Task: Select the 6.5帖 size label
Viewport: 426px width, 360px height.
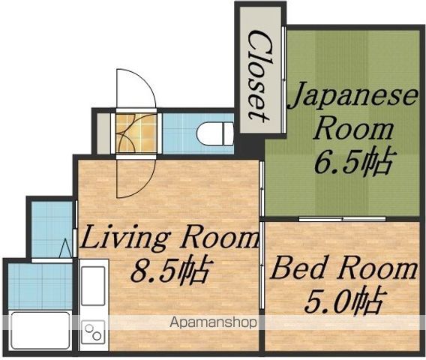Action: point(353,161)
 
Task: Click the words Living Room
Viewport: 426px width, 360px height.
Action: point(169,238)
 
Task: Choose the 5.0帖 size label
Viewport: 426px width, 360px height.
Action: point(343,300)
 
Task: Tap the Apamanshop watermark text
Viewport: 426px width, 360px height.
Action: point(213,322)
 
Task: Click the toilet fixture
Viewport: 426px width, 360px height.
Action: point(215,134)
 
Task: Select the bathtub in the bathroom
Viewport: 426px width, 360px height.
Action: point(40,331)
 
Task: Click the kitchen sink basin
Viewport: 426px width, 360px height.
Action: point(93,286)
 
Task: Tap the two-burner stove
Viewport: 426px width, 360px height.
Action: point(93,332)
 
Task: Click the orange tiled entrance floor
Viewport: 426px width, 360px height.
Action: point(136,133)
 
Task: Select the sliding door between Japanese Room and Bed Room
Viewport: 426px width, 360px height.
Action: point(342,219)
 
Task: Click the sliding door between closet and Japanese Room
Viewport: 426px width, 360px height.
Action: point(283,79)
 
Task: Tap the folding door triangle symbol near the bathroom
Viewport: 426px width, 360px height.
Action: point(65,248)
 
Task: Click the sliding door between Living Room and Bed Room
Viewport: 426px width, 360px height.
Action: point(261,265)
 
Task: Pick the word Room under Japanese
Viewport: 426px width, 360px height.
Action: point(353,130)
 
